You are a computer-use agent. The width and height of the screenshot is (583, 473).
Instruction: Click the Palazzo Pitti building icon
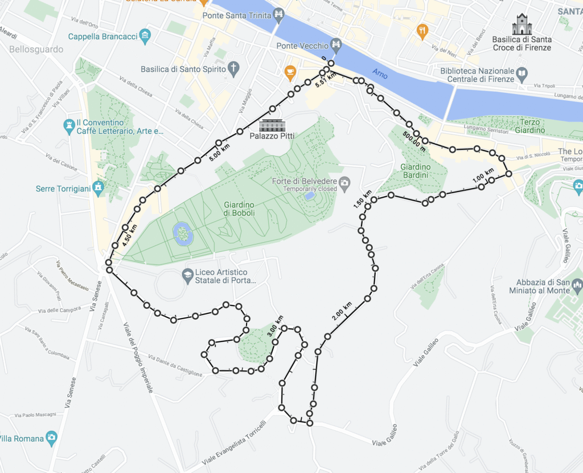(271, 125)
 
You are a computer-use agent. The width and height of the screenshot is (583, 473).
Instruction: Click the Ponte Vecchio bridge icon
(337, 45)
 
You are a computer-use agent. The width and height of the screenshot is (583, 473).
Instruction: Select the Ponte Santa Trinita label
(236, 15)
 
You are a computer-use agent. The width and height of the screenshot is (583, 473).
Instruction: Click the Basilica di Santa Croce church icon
(522, 25)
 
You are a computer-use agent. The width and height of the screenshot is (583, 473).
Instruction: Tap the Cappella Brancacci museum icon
(145, 36)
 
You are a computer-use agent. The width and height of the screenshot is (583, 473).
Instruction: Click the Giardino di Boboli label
(239, 209)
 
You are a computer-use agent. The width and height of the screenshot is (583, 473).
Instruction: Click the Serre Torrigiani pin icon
(98, 188)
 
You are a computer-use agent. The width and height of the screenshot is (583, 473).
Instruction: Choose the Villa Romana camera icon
(52, 438)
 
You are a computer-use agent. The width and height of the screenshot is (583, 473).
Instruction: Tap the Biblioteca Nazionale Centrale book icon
(521, 73)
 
